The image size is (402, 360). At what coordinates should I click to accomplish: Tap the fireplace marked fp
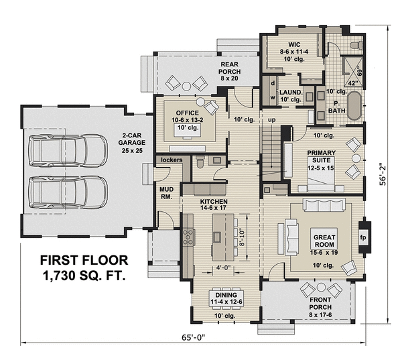coord(364,237)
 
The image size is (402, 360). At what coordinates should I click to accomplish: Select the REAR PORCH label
coord(234,70)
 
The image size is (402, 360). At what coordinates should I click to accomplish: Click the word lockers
coord(167,160)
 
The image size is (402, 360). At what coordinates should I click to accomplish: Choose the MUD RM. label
coord(165,193)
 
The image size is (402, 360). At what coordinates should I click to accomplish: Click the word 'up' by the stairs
coord(272,119)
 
